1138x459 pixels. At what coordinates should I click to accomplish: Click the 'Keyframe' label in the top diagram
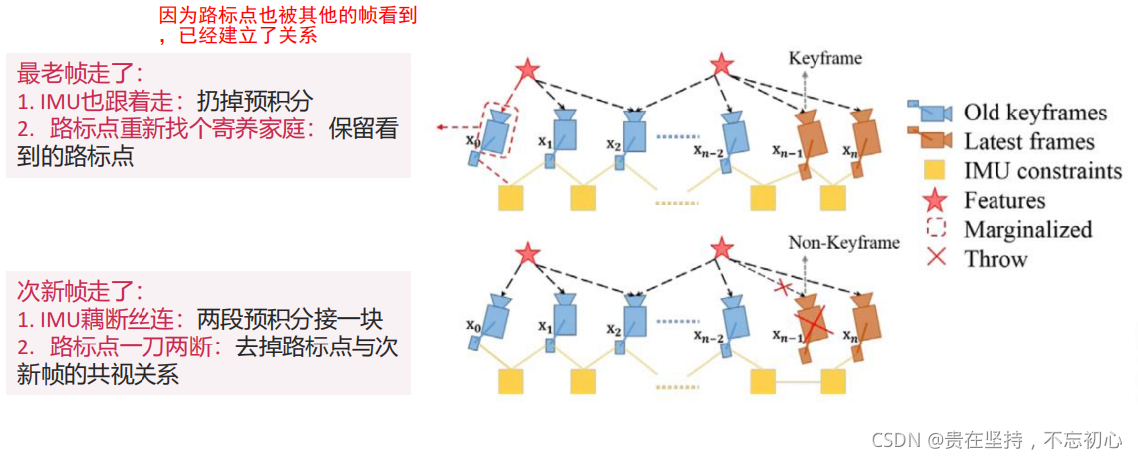pos(825,59)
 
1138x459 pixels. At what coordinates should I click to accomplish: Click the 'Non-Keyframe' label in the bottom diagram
pos(843,242)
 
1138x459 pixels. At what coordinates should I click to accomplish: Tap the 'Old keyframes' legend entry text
pos(1034,112)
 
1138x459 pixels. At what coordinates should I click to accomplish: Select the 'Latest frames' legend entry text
pos(1028,141)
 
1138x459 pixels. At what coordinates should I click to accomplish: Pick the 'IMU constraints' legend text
pos(1042,171)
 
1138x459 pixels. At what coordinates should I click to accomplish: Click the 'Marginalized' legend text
pos(1027,230)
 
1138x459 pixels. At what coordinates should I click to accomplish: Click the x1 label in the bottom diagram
pos(543,327)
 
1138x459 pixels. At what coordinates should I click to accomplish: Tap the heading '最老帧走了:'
pos(80,73)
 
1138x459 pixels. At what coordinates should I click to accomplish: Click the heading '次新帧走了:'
pos(80,291)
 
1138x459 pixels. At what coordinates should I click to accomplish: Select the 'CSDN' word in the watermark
pos(894,439)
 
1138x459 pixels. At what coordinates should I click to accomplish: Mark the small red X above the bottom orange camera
pos(784,287)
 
